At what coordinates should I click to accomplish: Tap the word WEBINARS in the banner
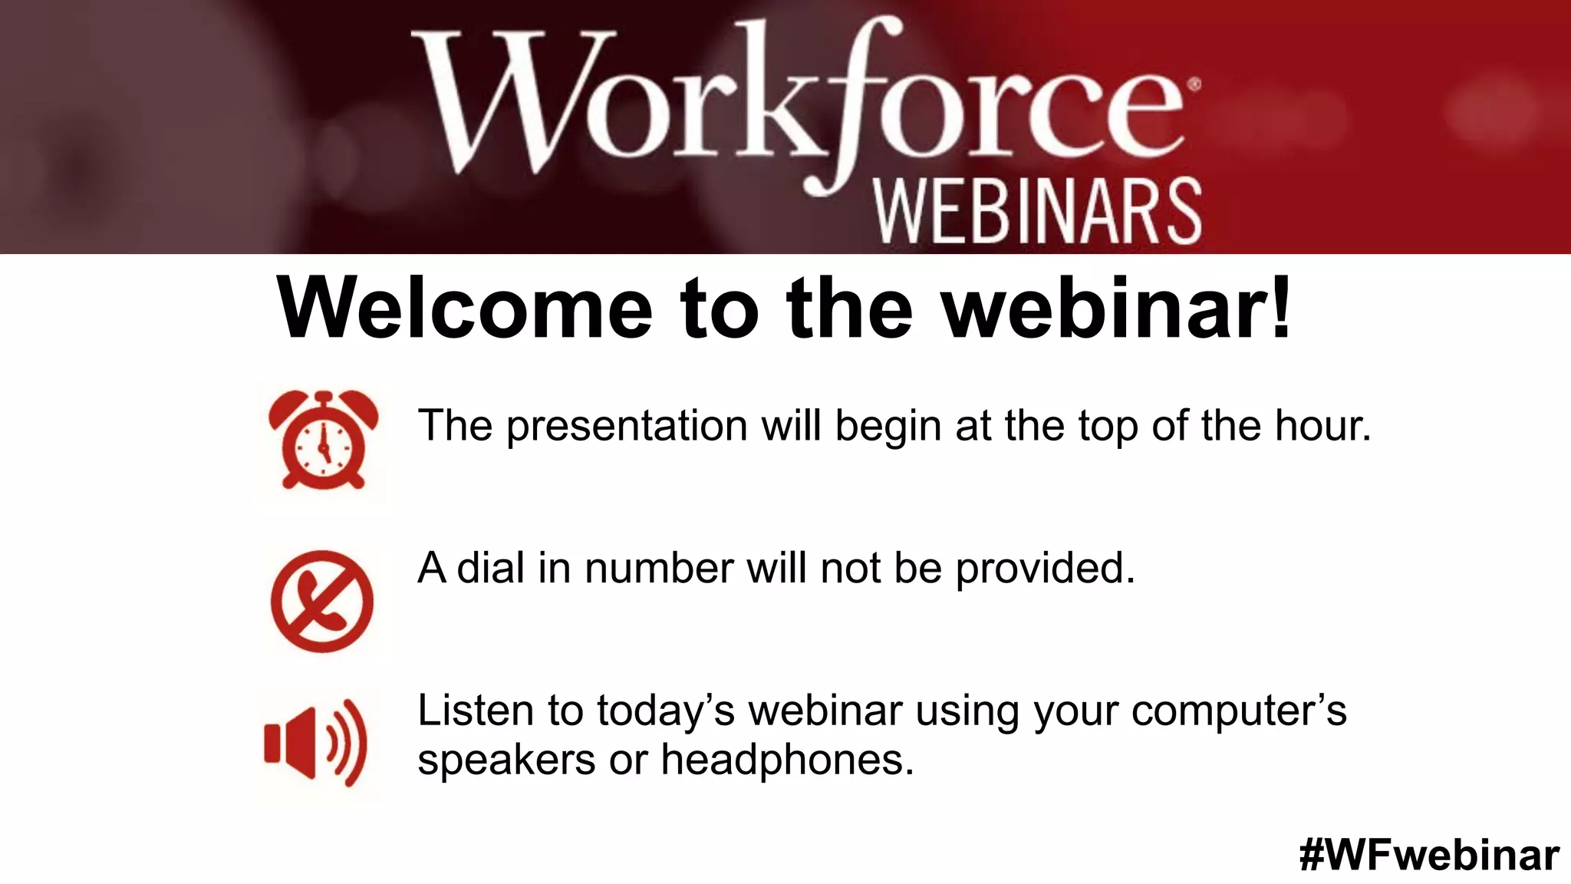[1038, 212]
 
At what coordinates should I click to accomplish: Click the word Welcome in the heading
[465, 308]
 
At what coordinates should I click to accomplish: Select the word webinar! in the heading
[1117, 308]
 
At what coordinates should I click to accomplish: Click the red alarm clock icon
[323, 440]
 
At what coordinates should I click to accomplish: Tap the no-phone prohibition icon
[322, 601]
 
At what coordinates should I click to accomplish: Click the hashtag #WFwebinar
[1429, 854]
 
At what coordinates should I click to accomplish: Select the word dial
[491, 568]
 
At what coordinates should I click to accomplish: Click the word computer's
[1238, 711]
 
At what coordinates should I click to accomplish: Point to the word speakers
[506, 761]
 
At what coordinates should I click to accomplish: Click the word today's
[665, 711]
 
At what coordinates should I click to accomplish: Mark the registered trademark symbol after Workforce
[1194, 85]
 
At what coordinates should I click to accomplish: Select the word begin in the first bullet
[888, 427]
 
